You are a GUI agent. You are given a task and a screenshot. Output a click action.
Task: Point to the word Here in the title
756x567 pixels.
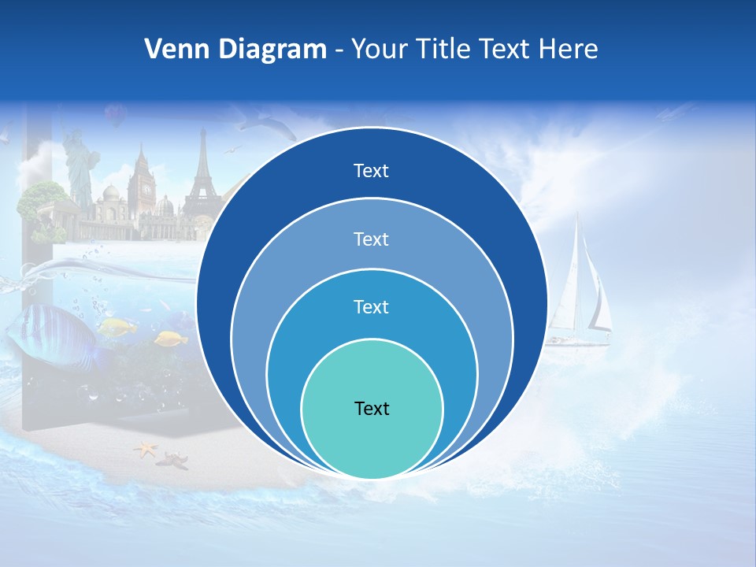pos(569,50)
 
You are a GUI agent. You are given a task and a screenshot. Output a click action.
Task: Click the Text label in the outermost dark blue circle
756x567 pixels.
pos(372,171)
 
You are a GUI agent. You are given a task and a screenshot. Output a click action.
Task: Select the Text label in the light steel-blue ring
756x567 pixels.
pos(372,239)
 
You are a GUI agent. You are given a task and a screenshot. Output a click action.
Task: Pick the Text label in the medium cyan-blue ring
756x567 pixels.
pos(372,306)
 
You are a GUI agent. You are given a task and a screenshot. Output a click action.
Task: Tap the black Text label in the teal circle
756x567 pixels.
pos(372,408)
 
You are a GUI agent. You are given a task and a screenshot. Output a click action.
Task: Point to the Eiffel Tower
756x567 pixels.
pos(200,177)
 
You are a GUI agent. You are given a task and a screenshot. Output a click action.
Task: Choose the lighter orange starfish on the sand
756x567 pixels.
pos(146,450)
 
